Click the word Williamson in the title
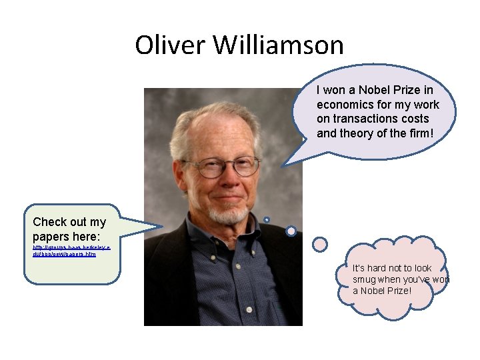pyautogui.click(x=279, y=45)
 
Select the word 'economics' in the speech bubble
pyautogui.click(x=345, y=105)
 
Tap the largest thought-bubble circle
pyautogui.click(x=321, y=245)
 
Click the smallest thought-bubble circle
pyautogui.click(x=266, y=219)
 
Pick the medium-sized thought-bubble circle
pyautogui.click(x=291, y=231)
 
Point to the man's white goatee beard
pyautogui.click(x=228, y=214)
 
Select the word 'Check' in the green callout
pyautogui.click(x=49, y=222)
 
